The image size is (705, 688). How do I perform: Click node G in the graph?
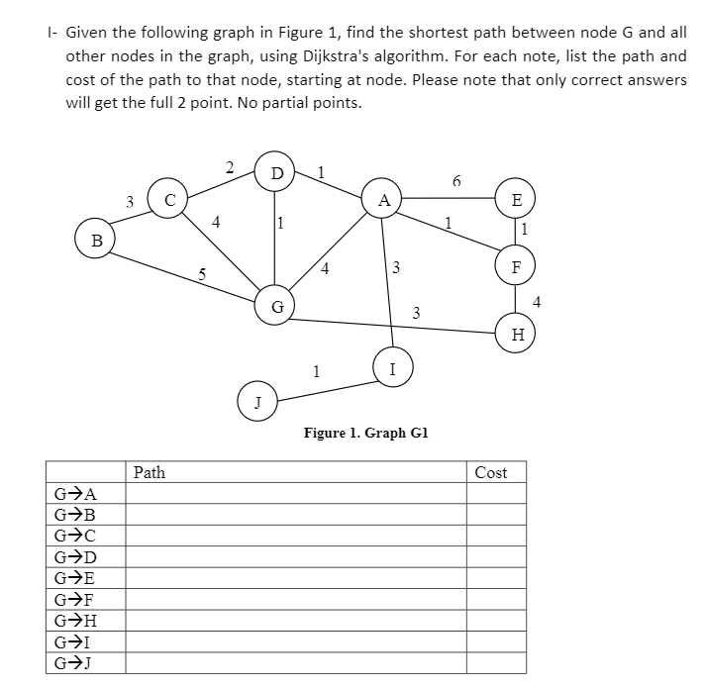point(276,307)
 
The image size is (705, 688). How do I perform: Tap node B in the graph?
point(96,239)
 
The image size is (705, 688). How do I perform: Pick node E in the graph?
point(516,198)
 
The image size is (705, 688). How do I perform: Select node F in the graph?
point(516,265)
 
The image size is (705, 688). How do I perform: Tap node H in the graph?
point(516,334)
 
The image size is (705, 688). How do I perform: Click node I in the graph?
point(393,368)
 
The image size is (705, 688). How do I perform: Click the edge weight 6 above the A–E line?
point(455,181)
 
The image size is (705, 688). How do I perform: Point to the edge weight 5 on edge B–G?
point(203,276)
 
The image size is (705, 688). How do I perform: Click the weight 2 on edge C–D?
point(229,165)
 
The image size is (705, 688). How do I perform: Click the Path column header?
point(150,472)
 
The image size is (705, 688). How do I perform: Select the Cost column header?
point(490,472)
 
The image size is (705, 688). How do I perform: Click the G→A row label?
point(75,494)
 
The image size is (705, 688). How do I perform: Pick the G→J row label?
point(75,663)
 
